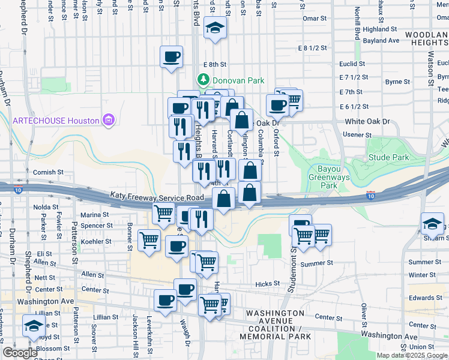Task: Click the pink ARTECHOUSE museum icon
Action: pyautogui.click(x=109, y=121)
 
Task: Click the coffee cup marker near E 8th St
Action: pyautogui.click(x=172, y=57)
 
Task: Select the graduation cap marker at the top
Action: pyautogui.click(x=214, y=28)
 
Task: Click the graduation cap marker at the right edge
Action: pyautogui.click(x=432, y=224)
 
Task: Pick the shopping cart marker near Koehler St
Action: pyautogui.click(x=149, y=240)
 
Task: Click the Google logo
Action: pyautogui.click(x=19, y=353)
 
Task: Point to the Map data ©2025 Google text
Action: pyautogui.click(x=411, y=355)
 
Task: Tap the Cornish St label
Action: pyautogui.click(x=48, y=172)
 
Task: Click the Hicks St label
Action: pyautogui.click(x=268, y=284)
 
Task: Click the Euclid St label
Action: pyautogui.click(x=352, y=64)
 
